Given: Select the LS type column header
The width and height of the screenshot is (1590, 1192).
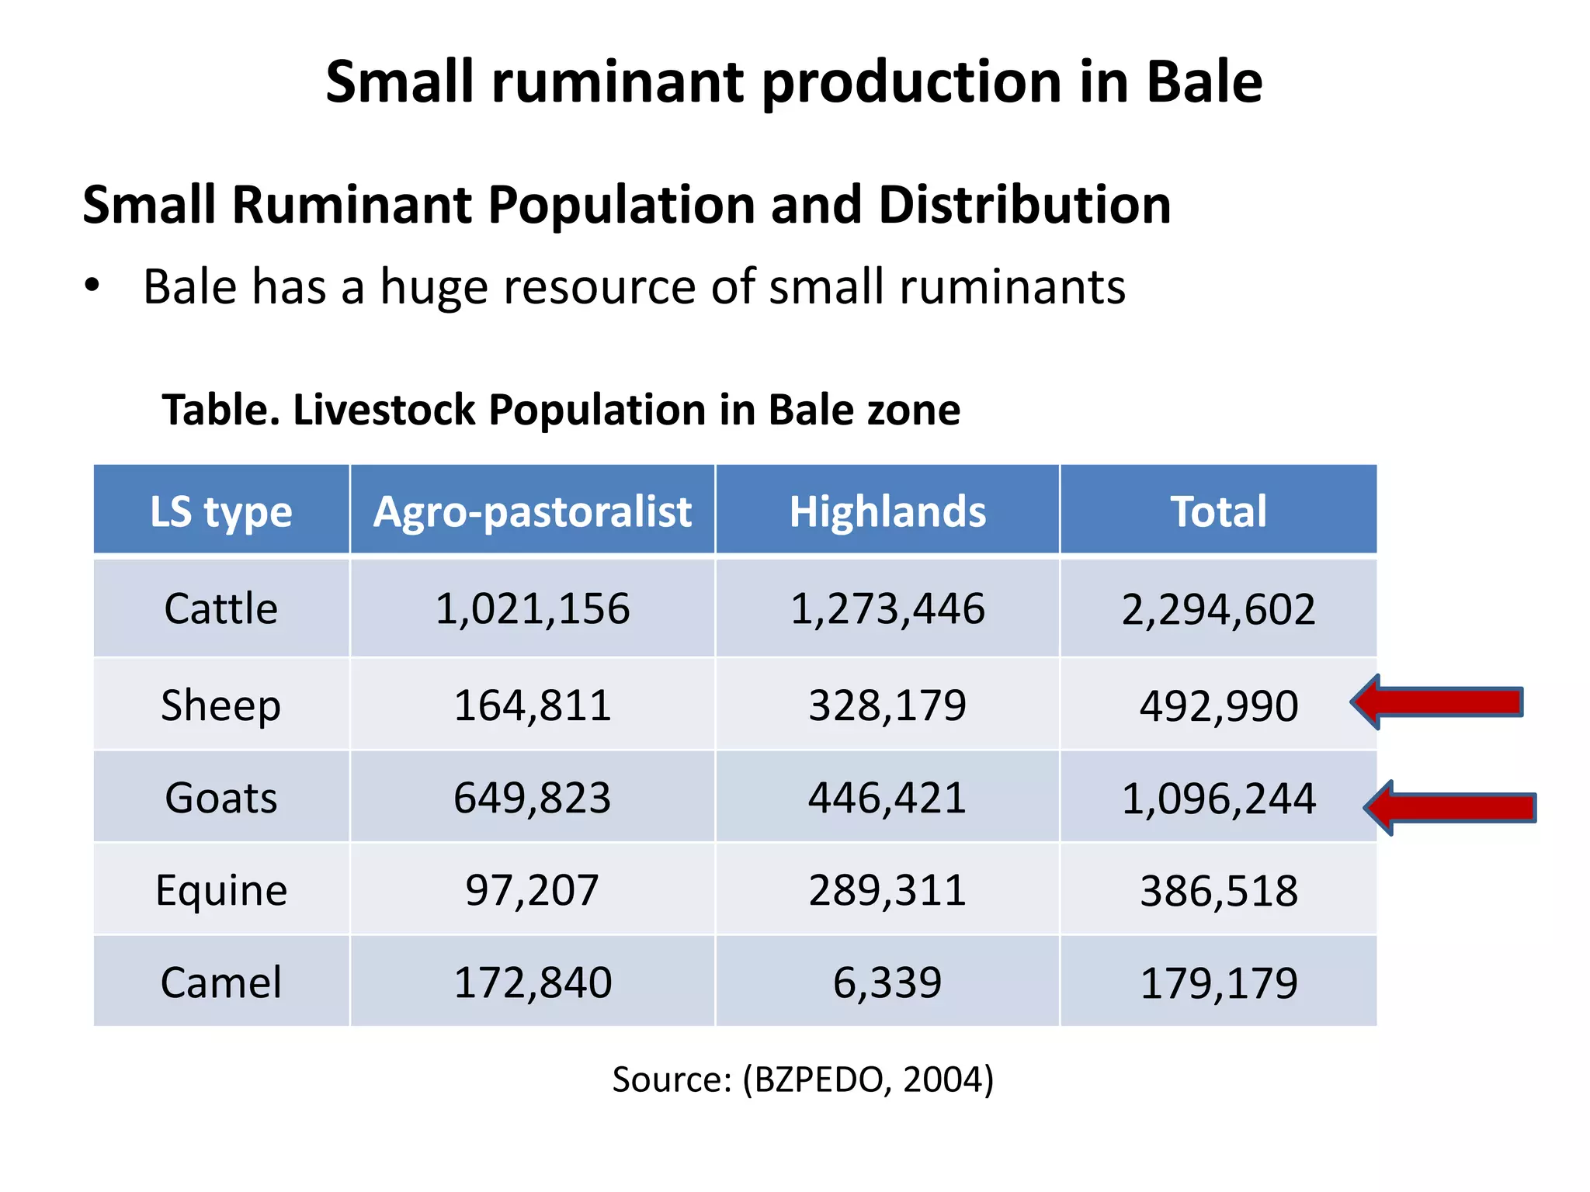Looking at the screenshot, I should pos(221,511).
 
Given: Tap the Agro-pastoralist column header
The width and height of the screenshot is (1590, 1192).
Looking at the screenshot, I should pos(533,511).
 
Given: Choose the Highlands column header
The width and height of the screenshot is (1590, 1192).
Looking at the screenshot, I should pos(887,511).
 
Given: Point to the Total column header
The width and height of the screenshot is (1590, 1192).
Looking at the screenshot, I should pos(1218,511).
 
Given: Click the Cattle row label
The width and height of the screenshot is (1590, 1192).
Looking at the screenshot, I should pos(221,608).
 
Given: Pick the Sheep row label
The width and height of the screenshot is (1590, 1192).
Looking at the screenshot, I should pos(221,705).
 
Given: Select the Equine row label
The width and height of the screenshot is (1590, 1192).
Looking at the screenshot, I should pos(221,890).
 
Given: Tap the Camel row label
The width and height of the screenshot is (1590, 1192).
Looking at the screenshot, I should pos(221,982).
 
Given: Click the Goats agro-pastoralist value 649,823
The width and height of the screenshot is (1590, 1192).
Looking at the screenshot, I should pos(533,798).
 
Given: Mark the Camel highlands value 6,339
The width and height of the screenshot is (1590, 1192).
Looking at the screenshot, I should pos(887,982).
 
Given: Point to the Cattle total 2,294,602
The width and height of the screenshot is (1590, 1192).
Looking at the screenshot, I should pos(1218,609).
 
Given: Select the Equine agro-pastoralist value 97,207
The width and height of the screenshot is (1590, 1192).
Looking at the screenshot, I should pos(533,890).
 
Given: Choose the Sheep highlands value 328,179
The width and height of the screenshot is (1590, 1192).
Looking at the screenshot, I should pos(887,705).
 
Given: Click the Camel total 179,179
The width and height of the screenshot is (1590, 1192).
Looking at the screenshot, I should pos(1218,983).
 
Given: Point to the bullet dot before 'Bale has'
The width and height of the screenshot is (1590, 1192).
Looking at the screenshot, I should pos(92,286).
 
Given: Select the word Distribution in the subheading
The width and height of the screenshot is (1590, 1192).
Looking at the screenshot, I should pos(1025,205).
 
